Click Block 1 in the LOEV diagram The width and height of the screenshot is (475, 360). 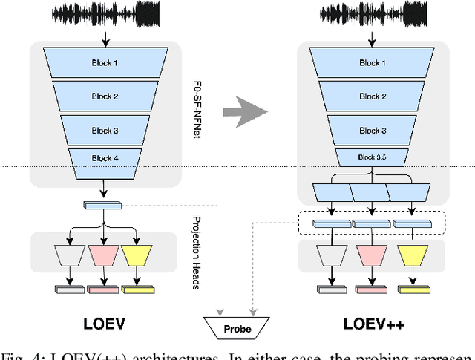104,63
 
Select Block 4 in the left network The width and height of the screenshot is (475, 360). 104,159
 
